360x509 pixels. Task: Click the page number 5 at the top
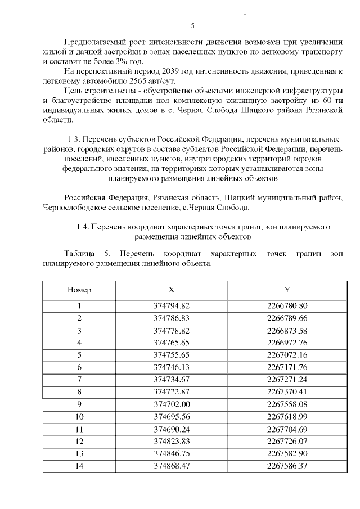[x=193, y=26]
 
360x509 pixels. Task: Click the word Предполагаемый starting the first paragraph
[x=94, y=42]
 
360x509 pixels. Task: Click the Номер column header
[x=79, y=290]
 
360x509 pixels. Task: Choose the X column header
[x=172, y=290]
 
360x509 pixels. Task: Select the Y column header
[x=287, y=290]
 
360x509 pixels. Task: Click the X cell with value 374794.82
[x=172, y=306]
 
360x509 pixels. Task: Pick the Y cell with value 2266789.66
[x=287, y=318]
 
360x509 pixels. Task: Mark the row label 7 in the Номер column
[x=79, y=379]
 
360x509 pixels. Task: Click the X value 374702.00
[x=172, y=404]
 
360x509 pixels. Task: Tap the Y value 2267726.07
[x=287, y=440]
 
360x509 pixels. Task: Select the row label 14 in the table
[x=79, y=465]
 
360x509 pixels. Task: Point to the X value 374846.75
[x=172, y=453]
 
